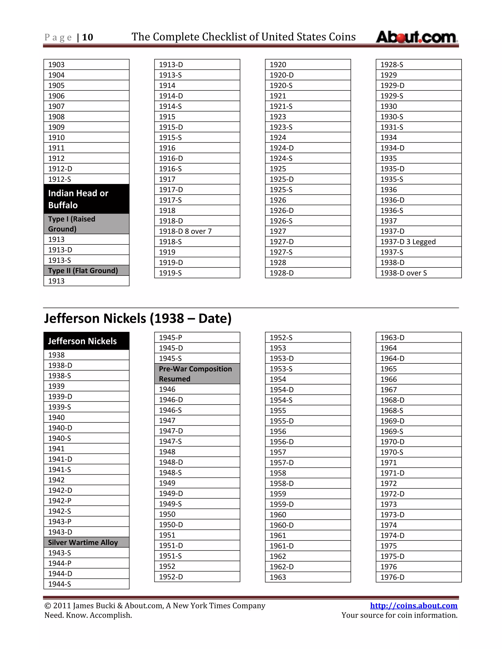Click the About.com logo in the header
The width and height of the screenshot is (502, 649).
pyautogui.click(x=416, y=37)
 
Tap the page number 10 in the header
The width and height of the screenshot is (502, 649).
pyautogui.click(x=88, y=37)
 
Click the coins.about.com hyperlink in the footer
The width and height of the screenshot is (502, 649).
pyautogui.click(x=413, y=605)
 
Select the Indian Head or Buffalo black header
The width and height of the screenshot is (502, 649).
pyautogui.click(x=86, y=199)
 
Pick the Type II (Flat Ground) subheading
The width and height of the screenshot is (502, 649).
pyautogui.click(x=86, y=270)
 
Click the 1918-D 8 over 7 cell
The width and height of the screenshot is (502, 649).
pyautogui.click(x=197, y=231)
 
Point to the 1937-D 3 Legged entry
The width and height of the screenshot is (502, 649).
pyautogui.click(x=418, y=241)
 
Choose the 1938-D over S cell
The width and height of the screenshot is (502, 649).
pyautogui.click(x=418, y=273)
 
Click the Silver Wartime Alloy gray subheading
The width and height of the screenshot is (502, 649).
pyautogui.click(x=86, y=542)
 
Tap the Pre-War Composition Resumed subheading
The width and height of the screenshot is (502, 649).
pyautogui.click(x=197, y=373)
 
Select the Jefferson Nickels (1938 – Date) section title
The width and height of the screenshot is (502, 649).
pyautogui.click(x=138, y=318)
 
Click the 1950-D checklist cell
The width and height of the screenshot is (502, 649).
pyautogui.click(x=197, y=525)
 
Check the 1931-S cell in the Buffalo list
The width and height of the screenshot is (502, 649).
pyautogui.click(x=418, y=127)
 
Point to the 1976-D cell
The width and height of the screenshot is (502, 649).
pyautogui.click(x=418, y=577)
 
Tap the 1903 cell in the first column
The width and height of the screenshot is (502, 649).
pyautogui.click(x=86, y=64)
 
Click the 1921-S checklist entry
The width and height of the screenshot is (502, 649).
pyautogui.click(x=308, y=106)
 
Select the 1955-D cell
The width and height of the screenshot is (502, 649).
pyautogui.click(x=308, y=421)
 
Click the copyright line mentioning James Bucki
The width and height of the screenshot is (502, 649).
pyautogui.click(x=155, y=606)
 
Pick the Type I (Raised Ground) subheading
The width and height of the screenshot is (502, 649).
pyautogui.click(x=86, y=224)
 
